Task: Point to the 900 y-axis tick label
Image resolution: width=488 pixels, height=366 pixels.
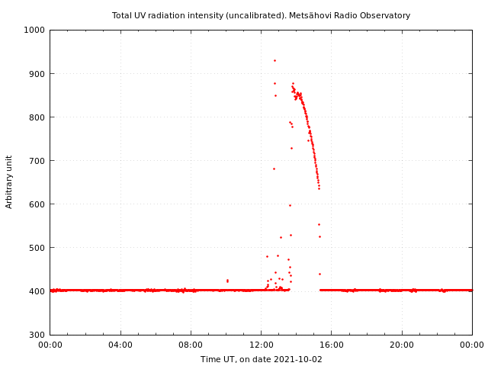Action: coord(37,74)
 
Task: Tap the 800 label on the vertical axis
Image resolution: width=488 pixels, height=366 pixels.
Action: coord(37,117)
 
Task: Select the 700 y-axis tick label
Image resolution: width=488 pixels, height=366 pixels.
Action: coord(37,161)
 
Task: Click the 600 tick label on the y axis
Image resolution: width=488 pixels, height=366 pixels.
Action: coord(37,204)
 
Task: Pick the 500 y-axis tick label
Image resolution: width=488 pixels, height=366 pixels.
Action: coord(37,248)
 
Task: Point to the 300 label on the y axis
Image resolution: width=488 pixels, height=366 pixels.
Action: coord(37,335)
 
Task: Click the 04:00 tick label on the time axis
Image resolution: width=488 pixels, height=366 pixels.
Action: coord(120,345)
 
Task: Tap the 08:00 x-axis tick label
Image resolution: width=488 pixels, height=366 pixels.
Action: coord(191,345)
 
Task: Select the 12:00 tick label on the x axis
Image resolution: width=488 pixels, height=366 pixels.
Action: coord(261,345)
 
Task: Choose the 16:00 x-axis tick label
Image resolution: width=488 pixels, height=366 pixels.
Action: coord(332,345)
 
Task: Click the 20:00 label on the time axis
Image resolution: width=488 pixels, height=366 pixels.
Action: coord(402,345)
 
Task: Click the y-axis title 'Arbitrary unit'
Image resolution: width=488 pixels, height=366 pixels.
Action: coord(10,181)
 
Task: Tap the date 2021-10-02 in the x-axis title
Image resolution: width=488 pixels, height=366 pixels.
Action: coord(298,359)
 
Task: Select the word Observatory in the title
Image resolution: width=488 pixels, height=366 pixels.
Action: coord(387,15)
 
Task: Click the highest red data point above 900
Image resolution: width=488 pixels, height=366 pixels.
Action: coord(274,60)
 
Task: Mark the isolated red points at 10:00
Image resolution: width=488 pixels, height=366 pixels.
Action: coord(227,281)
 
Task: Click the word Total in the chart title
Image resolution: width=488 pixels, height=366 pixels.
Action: coord(122,15)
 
